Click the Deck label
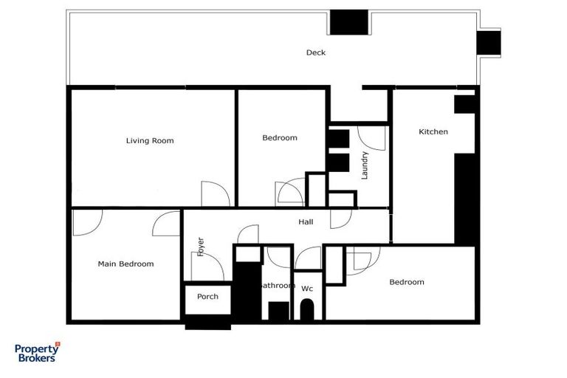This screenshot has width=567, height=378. [x=316, y=52]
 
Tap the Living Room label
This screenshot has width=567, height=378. [x=150, y=140]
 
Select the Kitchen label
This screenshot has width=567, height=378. [x=433, y=132]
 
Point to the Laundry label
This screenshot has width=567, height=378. [x=364, y=166]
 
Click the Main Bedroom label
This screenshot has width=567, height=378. [x=126, y=264]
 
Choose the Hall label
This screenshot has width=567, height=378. [x=306, y=221]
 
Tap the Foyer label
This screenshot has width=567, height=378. [x=199, y=247]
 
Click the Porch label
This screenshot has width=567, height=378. [x=207, y=297]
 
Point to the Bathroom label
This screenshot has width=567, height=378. [x=278, y=285]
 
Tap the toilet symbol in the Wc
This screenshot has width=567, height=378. [x=307, y=309]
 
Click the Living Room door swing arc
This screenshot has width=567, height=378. [x=216, y=193]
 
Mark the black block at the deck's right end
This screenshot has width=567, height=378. [x=488, y=43]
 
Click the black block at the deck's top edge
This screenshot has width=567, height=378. [x=348, y=22]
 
